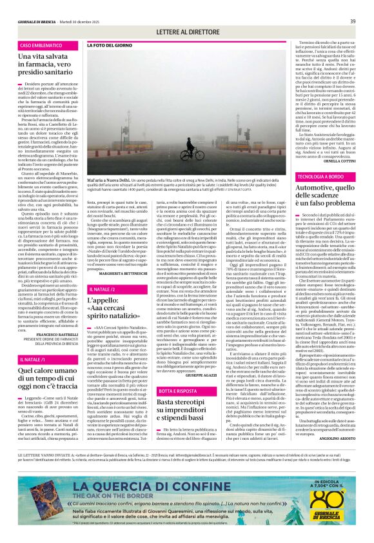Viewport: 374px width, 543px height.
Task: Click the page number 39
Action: coord(353,21)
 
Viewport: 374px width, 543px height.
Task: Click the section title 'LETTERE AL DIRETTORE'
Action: coord(186,31)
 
